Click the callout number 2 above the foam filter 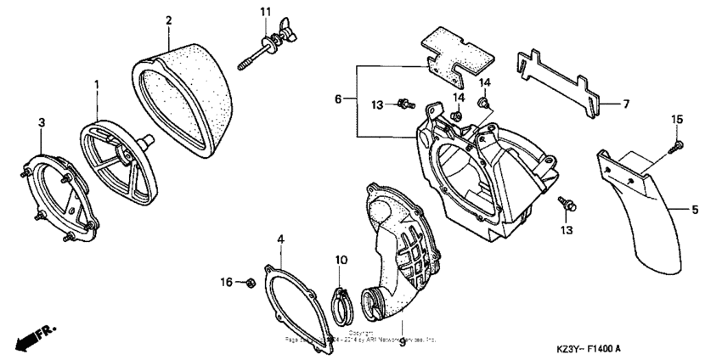(x=168, y=20)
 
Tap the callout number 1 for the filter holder (x=97, y=85)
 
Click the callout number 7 (x=625, y=104)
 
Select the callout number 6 (x=339, y=99)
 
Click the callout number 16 (x=226, y=281)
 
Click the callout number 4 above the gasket (x=281, y=239)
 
